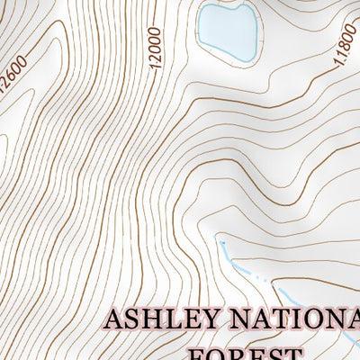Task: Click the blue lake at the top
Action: [227, 29]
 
